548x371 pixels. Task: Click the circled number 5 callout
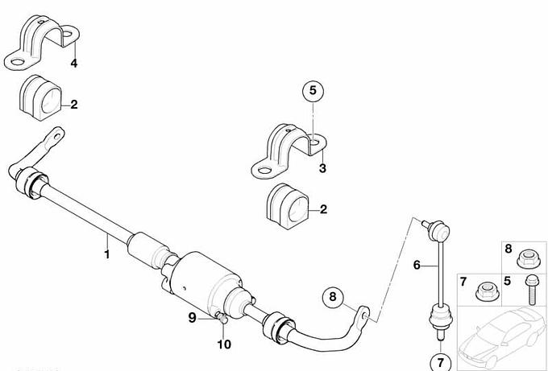coord(313,91)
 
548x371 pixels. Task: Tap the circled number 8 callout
coord(332,297)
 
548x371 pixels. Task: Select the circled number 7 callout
coord(440,363)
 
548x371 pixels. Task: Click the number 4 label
coord(74,63)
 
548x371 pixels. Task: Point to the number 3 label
coord(322,168)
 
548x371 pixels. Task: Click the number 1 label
coord(107,254)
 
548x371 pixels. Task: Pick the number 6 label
coord(417,266)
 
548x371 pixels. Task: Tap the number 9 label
coord(193,318)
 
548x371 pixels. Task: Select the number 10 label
coord(224,344)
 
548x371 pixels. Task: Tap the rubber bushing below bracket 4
coord(40,98)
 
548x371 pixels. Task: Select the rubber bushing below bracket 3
coord(288,207)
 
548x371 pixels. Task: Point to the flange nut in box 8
coord(527,259)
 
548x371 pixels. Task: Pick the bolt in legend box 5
coord(531,290)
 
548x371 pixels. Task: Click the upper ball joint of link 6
coord(439,229)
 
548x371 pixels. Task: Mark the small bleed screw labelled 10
coord(222,318)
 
